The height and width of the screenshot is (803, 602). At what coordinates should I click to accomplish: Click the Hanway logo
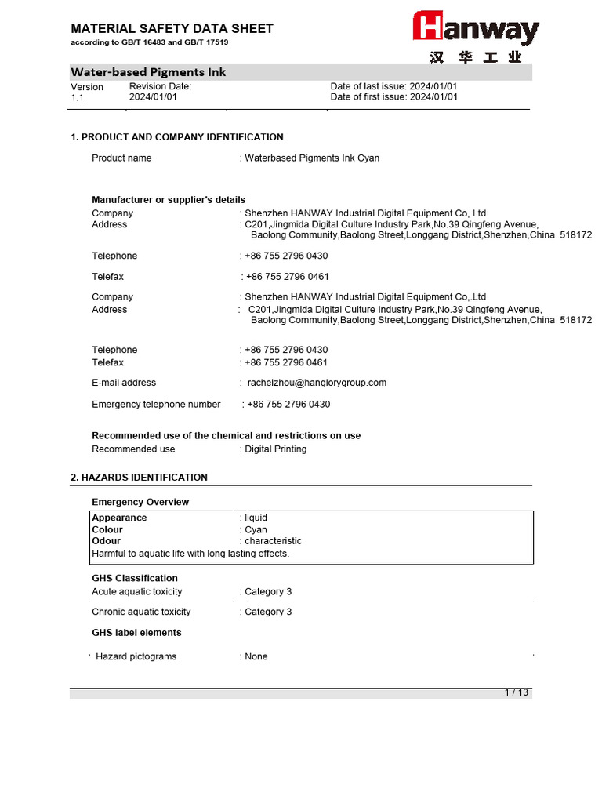(x=476, y=29)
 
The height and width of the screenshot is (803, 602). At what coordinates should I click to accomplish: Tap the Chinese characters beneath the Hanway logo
(x=475, y=59)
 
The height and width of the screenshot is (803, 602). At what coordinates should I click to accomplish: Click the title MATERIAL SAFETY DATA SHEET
(x=172, y=29)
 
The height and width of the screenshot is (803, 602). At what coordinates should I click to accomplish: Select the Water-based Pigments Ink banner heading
(x=149, y=72)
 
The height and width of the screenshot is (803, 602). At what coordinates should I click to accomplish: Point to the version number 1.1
(x=78, y=98)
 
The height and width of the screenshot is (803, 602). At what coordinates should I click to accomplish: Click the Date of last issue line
(x=393, y=86)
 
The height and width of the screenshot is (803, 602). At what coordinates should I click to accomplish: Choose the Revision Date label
(x=160, y=86)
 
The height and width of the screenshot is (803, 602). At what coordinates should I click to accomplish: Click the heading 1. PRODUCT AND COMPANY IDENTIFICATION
(x=177, y=137)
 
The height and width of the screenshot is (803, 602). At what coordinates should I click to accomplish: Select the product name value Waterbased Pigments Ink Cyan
(x=312, y=158)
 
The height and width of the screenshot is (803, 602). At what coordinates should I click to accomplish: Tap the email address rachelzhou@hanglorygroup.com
(x=317, y=383)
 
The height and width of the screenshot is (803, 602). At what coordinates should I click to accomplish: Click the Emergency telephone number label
(x=156, y=405)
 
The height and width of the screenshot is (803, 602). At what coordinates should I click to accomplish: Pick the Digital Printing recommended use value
(x=275, y=449)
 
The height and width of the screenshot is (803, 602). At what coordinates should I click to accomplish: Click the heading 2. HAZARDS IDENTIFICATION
(x=140, y=478)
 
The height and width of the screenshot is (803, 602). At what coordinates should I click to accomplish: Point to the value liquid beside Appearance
(x=256, y=518)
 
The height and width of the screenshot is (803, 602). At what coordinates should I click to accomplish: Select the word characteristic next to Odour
(x=273, y=541)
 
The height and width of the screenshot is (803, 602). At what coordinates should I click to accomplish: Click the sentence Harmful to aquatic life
(x=190, y=554)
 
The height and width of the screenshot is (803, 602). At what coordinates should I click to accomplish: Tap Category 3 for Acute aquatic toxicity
(x=268, y=592)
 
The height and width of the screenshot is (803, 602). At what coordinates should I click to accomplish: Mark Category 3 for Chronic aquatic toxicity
(x=268, y=612)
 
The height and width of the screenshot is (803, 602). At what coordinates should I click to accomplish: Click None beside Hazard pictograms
(x=256, y=657)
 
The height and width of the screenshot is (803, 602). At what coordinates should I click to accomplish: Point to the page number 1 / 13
(x=517, y=692)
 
